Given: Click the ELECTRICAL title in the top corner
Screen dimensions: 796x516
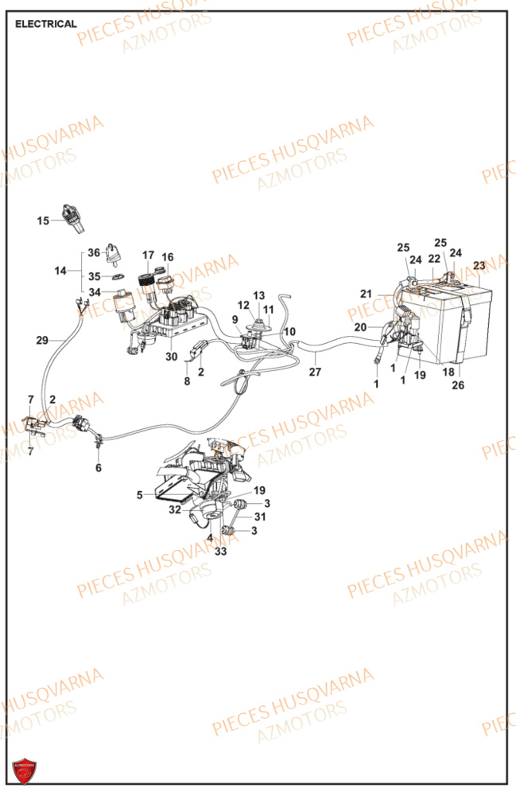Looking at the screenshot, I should [46, 24].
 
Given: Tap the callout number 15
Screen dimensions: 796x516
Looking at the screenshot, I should [43, 220].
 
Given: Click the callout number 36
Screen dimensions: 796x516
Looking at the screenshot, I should [94, 253].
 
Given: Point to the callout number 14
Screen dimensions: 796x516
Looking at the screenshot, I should [61, 271].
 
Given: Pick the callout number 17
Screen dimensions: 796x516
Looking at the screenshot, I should [148, 256].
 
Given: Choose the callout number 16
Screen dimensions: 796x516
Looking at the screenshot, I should [167, 257].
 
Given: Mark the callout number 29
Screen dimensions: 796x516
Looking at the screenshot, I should [42, 341].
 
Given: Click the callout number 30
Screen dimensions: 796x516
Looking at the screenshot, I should [171, 357].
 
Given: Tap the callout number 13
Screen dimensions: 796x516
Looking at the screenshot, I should [259, 295].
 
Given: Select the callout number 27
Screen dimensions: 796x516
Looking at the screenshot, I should [316, 371].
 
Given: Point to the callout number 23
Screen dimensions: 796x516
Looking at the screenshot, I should [479, 265].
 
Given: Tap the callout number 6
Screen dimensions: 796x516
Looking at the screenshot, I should [99, 468].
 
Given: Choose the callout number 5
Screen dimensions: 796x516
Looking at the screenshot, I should [139, 494].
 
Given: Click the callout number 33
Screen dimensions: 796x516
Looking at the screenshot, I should [220, 550].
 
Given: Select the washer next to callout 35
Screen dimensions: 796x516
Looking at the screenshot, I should [116, 276].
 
